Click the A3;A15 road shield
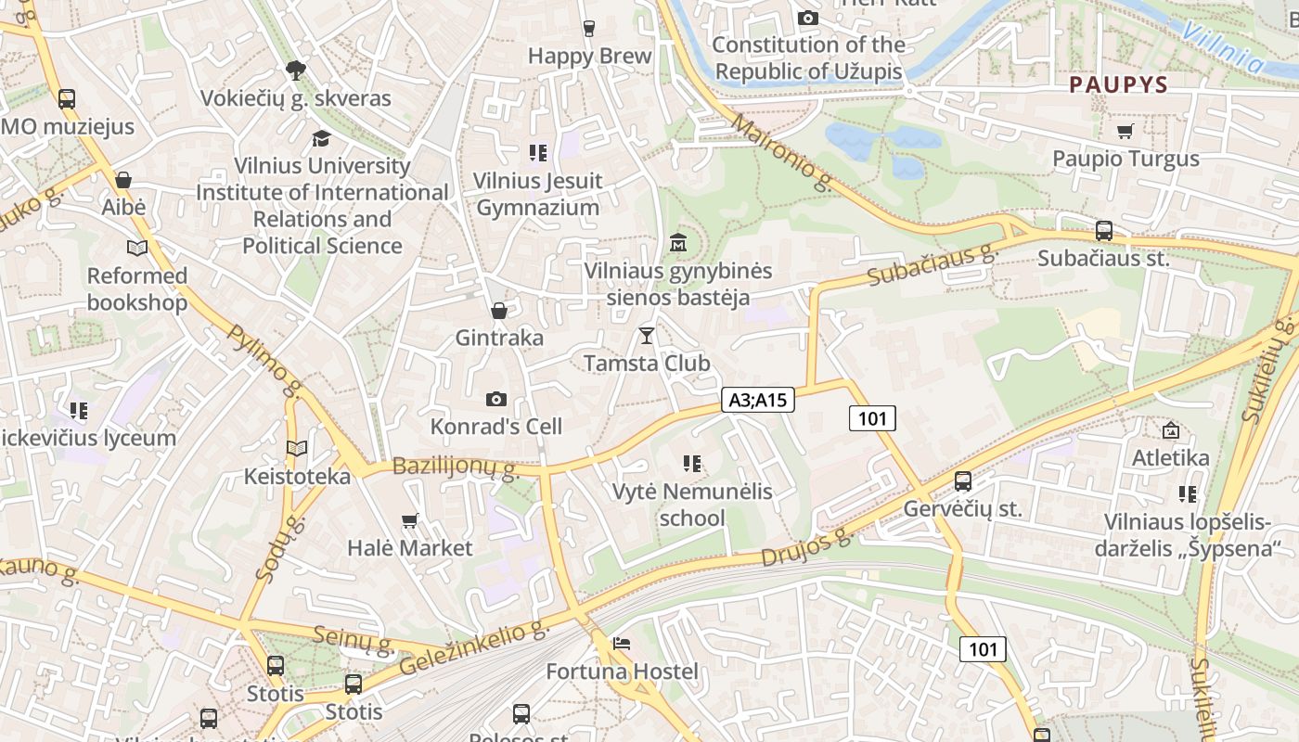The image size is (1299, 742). (758, 400)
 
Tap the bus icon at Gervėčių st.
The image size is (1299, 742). (963, 481)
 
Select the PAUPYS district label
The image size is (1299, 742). (1118, 84)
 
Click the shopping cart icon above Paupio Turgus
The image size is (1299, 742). (1125, 132)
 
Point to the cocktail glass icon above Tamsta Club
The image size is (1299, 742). (647, 336)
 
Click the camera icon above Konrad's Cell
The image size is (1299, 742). (496, 400)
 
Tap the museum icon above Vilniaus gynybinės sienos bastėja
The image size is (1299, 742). (678, 243)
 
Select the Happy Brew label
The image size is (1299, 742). (589, 56)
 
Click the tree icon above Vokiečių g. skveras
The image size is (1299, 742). (296, 70)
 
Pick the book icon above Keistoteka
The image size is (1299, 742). (297, 449)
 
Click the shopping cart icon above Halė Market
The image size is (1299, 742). (410, 521)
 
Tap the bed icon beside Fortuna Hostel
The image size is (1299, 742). (622, 644)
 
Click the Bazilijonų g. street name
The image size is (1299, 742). (455, 467)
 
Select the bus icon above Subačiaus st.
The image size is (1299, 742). (1104, 231)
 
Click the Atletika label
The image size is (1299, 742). (1170, 457)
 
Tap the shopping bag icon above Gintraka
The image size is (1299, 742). (499, 311)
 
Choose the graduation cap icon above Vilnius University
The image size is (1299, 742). (321, 138)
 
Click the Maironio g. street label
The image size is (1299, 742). (781, 151)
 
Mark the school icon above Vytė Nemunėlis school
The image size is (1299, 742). (691, 464)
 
